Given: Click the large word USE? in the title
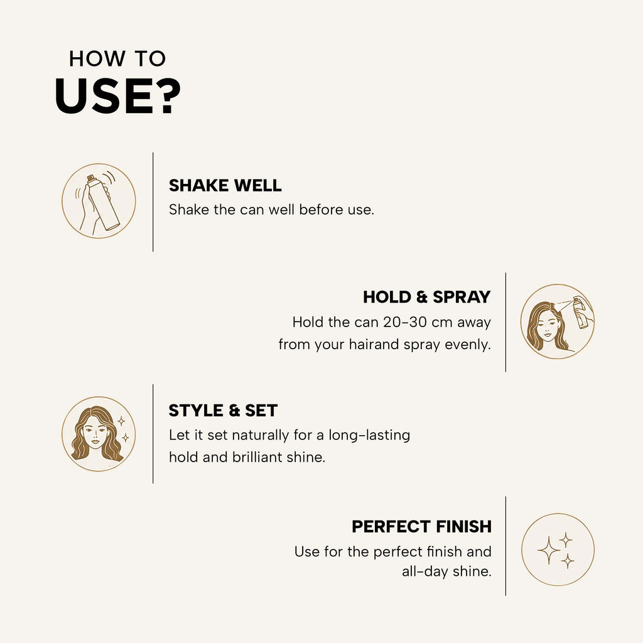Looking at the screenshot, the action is point(117,96).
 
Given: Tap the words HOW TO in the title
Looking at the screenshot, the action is point(117,58).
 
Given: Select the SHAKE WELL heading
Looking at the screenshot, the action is point(225,185).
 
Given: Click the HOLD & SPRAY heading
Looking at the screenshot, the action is point(426,297).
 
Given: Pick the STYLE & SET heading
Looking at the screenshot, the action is point(223,411).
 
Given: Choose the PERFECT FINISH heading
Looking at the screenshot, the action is point(421,527).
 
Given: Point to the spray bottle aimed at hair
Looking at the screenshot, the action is point(581,313).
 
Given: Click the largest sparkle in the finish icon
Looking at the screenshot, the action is point(548,550).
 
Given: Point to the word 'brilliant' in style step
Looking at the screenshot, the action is point(257,457).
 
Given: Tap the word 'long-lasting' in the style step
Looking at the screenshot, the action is point(369,435).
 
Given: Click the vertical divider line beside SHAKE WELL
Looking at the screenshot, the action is point(153,202).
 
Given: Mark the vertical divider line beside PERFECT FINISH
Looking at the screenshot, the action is point(505,546).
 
